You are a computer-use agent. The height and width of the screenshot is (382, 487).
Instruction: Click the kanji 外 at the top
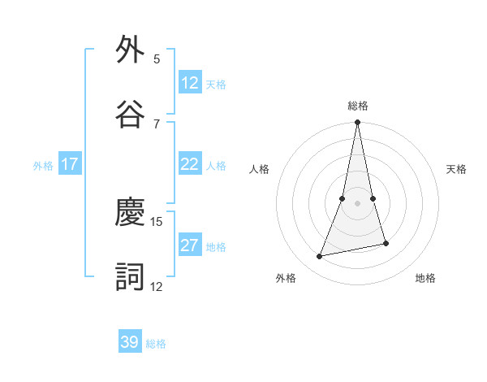pos(131,50)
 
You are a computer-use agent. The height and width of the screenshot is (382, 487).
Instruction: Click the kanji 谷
pos(131,113)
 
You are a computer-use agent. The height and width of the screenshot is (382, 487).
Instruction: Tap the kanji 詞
pos(131,276)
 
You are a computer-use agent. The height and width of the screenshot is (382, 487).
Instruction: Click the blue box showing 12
pos(190,83)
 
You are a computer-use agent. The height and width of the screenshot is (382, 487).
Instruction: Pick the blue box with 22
pos(190,164)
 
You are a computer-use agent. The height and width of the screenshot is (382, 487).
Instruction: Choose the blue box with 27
pos(190,245)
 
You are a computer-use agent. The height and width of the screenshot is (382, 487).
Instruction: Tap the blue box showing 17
pos(70,164)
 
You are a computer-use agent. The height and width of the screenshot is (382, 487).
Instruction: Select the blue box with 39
pos(130,342)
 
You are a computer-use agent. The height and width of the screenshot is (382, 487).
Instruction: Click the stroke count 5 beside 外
pos(157,59)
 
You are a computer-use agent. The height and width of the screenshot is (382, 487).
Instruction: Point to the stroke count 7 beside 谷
pos(157,124)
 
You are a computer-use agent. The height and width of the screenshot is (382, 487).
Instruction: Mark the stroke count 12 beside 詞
pos(157,286)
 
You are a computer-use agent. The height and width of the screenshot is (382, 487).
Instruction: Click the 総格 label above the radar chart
pos(358,106)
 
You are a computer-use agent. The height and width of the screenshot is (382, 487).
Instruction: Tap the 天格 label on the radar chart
pos(456,169)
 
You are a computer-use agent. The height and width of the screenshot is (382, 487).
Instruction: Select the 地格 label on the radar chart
pos(425,278)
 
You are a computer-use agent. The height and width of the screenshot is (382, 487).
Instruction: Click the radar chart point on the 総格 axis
pos(358,123)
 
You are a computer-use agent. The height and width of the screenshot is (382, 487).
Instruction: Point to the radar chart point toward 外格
pos(320,257)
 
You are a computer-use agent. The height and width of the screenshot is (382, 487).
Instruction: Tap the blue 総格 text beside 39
pos(156,344)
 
